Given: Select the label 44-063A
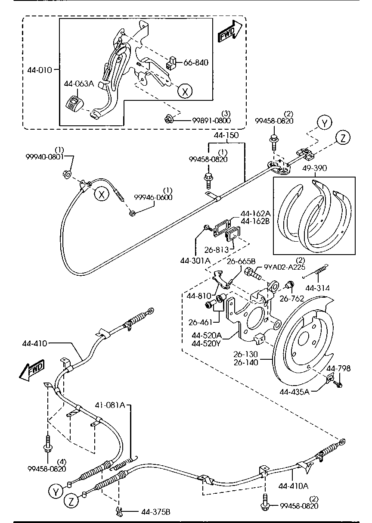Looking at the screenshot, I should [79, 84].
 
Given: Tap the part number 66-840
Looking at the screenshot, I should [196, 63].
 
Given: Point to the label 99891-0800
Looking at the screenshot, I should [211, 121].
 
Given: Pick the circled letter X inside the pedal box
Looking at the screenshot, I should [185, 91].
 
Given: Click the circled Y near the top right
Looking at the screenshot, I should [325, 123].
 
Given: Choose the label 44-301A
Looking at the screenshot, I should [195, 260].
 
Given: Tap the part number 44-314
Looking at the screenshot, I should [318, 287].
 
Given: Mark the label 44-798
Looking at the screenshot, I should [338, 368].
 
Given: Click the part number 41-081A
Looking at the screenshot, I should [110, 405].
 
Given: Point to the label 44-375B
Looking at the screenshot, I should [155, 512].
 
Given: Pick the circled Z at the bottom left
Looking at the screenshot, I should [72, 501].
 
